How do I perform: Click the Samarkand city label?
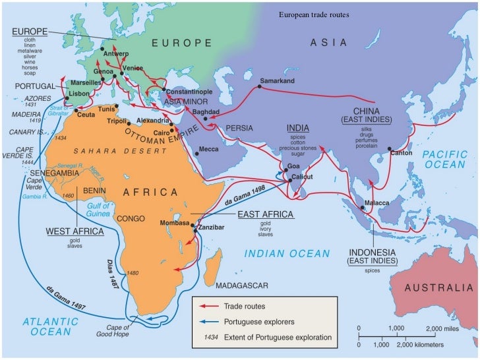coord(278,80)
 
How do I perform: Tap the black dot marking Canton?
coord(390,148)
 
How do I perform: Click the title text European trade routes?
coord(313,14)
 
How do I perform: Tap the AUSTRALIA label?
coord(438,287)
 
